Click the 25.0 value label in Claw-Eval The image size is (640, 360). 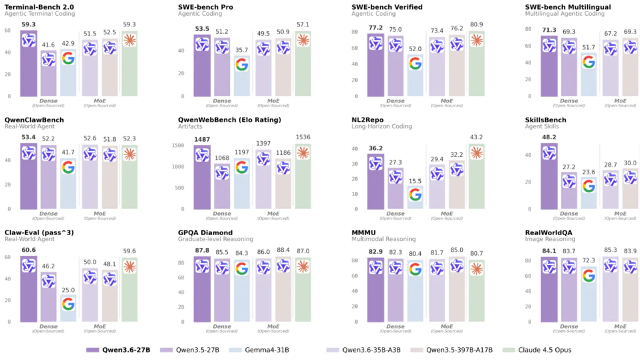point(68,290)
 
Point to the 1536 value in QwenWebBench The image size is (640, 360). point(303,138)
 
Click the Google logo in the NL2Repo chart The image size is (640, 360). point(415,195)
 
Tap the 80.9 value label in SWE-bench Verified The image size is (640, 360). point(476,25)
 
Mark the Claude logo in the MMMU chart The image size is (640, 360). point(476,269)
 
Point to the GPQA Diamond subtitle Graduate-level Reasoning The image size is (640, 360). point(215,239)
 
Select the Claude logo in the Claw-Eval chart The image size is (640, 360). point(130,267)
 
